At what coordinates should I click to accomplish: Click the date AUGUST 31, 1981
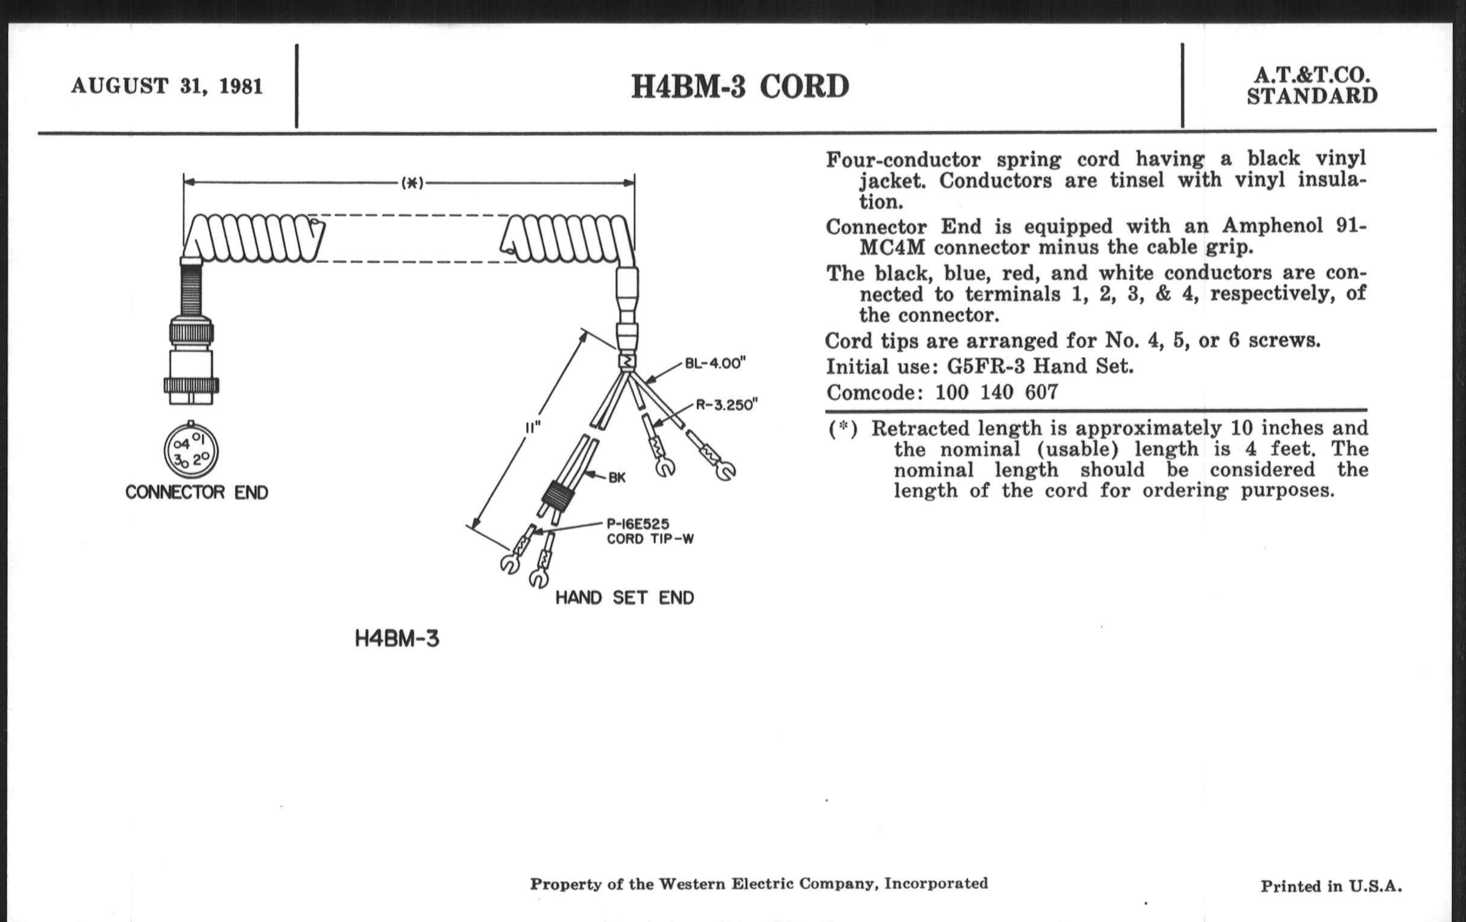point(167,86)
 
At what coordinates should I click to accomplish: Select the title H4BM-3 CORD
point(740,86)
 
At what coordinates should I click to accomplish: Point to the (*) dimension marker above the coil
point(412,183)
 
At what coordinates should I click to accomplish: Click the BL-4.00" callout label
point(716,363)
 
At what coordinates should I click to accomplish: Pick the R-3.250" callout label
point(726,405)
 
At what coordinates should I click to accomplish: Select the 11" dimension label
point(533,427)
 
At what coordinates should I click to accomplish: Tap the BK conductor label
point(617,477)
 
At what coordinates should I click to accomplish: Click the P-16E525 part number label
point(637,524)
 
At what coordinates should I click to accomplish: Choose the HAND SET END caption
point(624,598)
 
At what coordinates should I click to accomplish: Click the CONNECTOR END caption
point(197,492)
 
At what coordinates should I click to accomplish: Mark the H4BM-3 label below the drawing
point(397,639)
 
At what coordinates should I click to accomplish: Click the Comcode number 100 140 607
point(996,392)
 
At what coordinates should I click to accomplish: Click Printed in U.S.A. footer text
point(1331,886)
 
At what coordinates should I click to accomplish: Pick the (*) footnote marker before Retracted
point(843,428)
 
